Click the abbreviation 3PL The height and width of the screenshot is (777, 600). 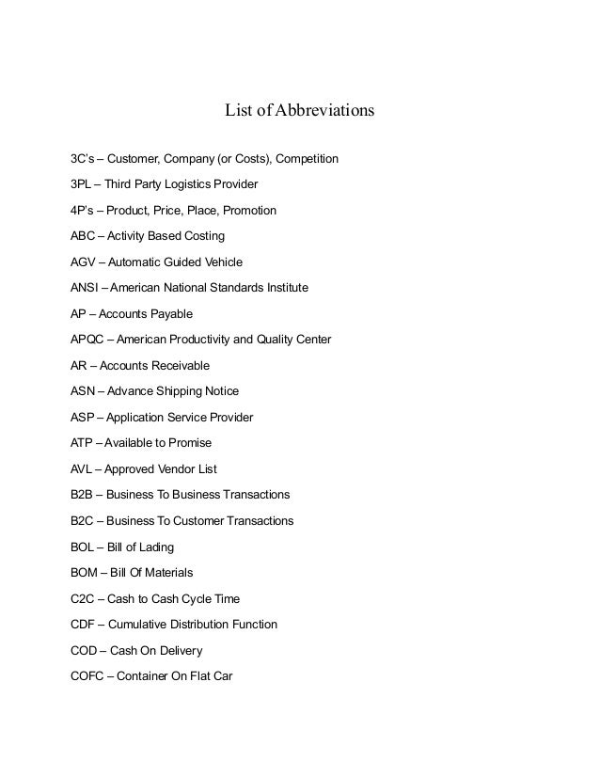[82, 183]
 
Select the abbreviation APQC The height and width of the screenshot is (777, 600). [87, 339]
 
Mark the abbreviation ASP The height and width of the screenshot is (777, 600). [84, 417]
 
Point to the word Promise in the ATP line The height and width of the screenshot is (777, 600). [189, 442]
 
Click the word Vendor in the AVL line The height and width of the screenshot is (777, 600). [174, 468]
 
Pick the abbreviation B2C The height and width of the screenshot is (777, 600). [84, 520]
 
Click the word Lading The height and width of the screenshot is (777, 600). [155, 547]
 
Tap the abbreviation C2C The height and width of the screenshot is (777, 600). [84, 598]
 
